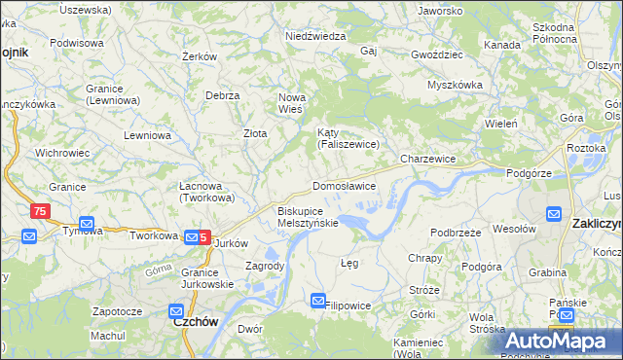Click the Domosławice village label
pos(344,186)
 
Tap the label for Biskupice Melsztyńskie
pos(308,216)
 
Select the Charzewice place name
pos(428,158)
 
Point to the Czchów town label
pos(194,321)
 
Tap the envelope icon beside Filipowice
pos(318,303)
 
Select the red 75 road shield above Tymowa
pos(39,211)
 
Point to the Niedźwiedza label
pos(316,36)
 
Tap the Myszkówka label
pos(455,85)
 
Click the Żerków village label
pos(199,57)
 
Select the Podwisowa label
pos(77,43)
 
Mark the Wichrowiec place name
pos(62,153)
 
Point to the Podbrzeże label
pos(457,233)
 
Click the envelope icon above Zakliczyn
pos(554,213)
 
